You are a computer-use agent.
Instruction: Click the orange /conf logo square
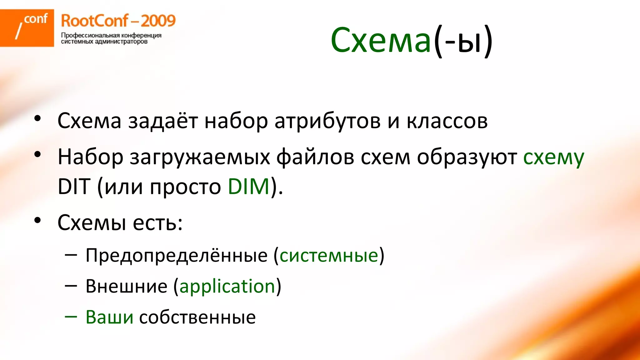tap(27, 28)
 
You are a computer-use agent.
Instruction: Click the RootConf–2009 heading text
tap(118, 21)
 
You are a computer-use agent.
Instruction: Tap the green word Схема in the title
tap(381, 40)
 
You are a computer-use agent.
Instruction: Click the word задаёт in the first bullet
tap(163, 121)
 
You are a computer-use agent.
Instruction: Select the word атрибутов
tap(327, 121)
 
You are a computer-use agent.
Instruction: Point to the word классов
tap(447, 121)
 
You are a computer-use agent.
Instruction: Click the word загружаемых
tap(200, 157)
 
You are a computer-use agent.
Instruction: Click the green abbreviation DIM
tap(248, 187)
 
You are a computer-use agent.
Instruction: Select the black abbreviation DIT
tap(74, 187)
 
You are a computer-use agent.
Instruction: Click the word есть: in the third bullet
tap(157, 223)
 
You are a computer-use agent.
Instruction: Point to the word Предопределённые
tap(177, 255)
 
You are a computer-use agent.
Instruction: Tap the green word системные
tap(329, 255)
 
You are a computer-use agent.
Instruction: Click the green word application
tap(227, 286)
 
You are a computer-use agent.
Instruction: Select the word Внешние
tap(127, 286)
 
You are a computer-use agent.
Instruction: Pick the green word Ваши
tap(109, 317)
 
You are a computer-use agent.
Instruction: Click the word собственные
tap(197, 317)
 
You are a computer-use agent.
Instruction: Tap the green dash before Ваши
tap(71, 317)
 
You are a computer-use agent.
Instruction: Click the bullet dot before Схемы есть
tap(38, 221)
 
